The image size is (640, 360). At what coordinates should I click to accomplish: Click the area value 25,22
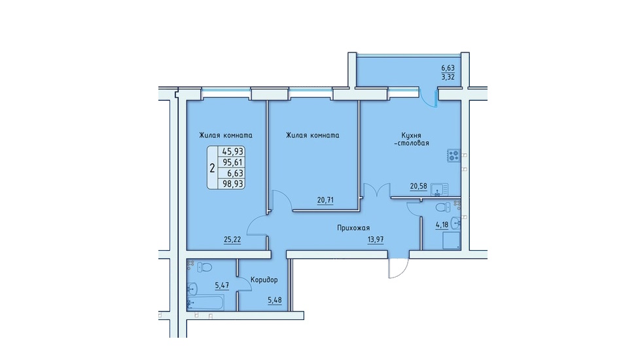[x=232, y=240]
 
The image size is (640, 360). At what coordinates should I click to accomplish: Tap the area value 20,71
[x=325, y=200]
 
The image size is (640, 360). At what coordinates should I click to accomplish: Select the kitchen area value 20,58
[x=418, y=187]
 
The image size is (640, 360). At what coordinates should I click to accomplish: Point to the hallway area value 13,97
[x=376, y=240]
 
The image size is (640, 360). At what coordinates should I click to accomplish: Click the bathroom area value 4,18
[x=442, y=224]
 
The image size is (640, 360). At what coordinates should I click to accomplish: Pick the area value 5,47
[x=222, y=285]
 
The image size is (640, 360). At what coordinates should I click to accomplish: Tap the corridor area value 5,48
[x=274, y=300]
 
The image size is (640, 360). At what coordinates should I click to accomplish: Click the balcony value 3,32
[x=448, y=77]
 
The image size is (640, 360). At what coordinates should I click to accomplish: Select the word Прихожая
[x=353, y=228]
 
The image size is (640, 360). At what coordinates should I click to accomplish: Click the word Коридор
[x=264, y=279]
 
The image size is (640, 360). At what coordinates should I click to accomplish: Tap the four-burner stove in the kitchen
[x=454, y=156]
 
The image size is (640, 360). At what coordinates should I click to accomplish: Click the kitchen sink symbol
[x=439, y=190]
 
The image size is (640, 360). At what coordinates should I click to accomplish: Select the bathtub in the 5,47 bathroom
[x=205, y=303]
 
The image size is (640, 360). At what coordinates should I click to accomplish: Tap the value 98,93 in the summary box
[x=232, y=184]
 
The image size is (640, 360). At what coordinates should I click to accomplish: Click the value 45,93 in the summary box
[x=232, y=151]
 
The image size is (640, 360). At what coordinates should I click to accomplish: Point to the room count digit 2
[x=212, y=168]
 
